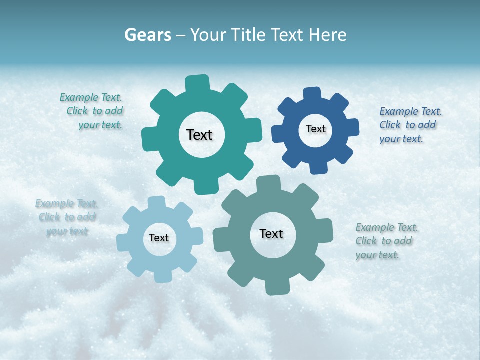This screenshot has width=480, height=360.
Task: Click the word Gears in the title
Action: point(147,35)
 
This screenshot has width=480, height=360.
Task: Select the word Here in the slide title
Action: point(327,35)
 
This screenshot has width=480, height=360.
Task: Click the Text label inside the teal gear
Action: point(199,135)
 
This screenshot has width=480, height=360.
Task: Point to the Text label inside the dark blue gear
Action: point(315,129)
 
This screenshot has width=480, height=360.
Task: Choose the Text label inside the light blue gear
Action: point(159,238)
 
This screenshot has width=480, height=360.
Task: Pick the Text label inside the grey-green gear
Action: point(271,233)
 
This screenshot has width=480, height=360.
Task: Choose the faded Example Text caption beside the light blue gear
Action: point(67,217)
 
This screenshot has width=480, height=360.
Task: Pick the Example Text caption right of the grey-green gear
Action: point(386,241)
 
